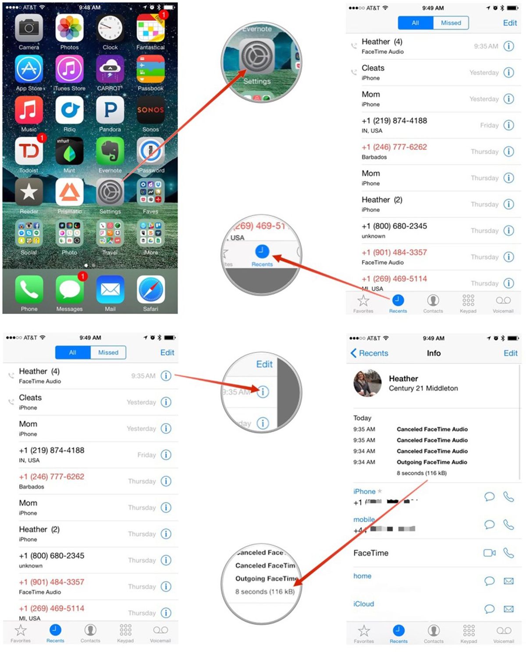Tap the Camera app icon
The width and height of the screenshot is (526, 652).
point(29,28)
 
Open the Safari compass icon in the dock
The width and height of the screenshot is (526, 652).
point(151,289)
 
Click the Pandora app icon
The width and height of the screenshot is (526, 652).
point(110,110)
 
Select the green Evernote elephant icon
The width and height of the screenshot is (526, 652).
point(110,152)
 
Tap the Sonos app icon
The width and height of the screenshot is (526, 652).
point(150,110)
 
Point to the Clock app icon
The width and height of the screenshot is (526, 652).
point(110,28)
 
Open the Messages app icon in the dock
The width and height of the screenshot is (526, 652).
point(70,289)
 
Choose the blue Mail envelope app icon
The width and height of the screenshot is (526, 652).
point(110,289)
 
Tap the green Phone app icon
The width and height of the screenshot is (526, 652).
point(29,289)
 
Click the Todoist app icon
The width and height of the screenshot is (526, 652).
point(29,152)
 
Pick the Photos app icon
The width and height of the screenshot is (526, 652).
point(70,28)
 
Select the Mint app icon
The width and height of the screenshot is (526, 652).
point(70,152)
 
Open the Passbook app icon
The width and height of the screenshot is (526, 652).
point(150,69)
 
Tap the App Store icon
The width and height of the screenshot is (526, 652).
point(29,69)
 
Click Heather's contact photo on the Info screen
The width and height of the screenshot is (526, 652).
point(367,383)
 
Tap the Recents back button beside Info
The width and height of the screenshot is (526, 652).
point(370,353)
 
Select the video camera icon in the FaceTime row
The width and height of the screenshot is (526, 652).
point(489,553)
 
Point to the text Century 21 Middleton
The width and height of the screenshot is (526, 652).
point(423,388)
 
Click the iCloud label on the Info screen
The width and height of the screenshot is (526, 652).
point(364,604)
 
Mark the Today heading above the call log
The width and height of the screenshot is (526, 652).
point(363,418)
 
